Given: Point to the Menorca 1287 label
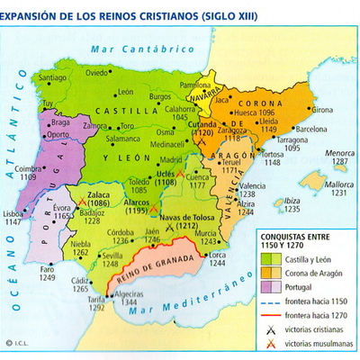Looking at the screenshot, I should pyautogui.click(x=338, y=158).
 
